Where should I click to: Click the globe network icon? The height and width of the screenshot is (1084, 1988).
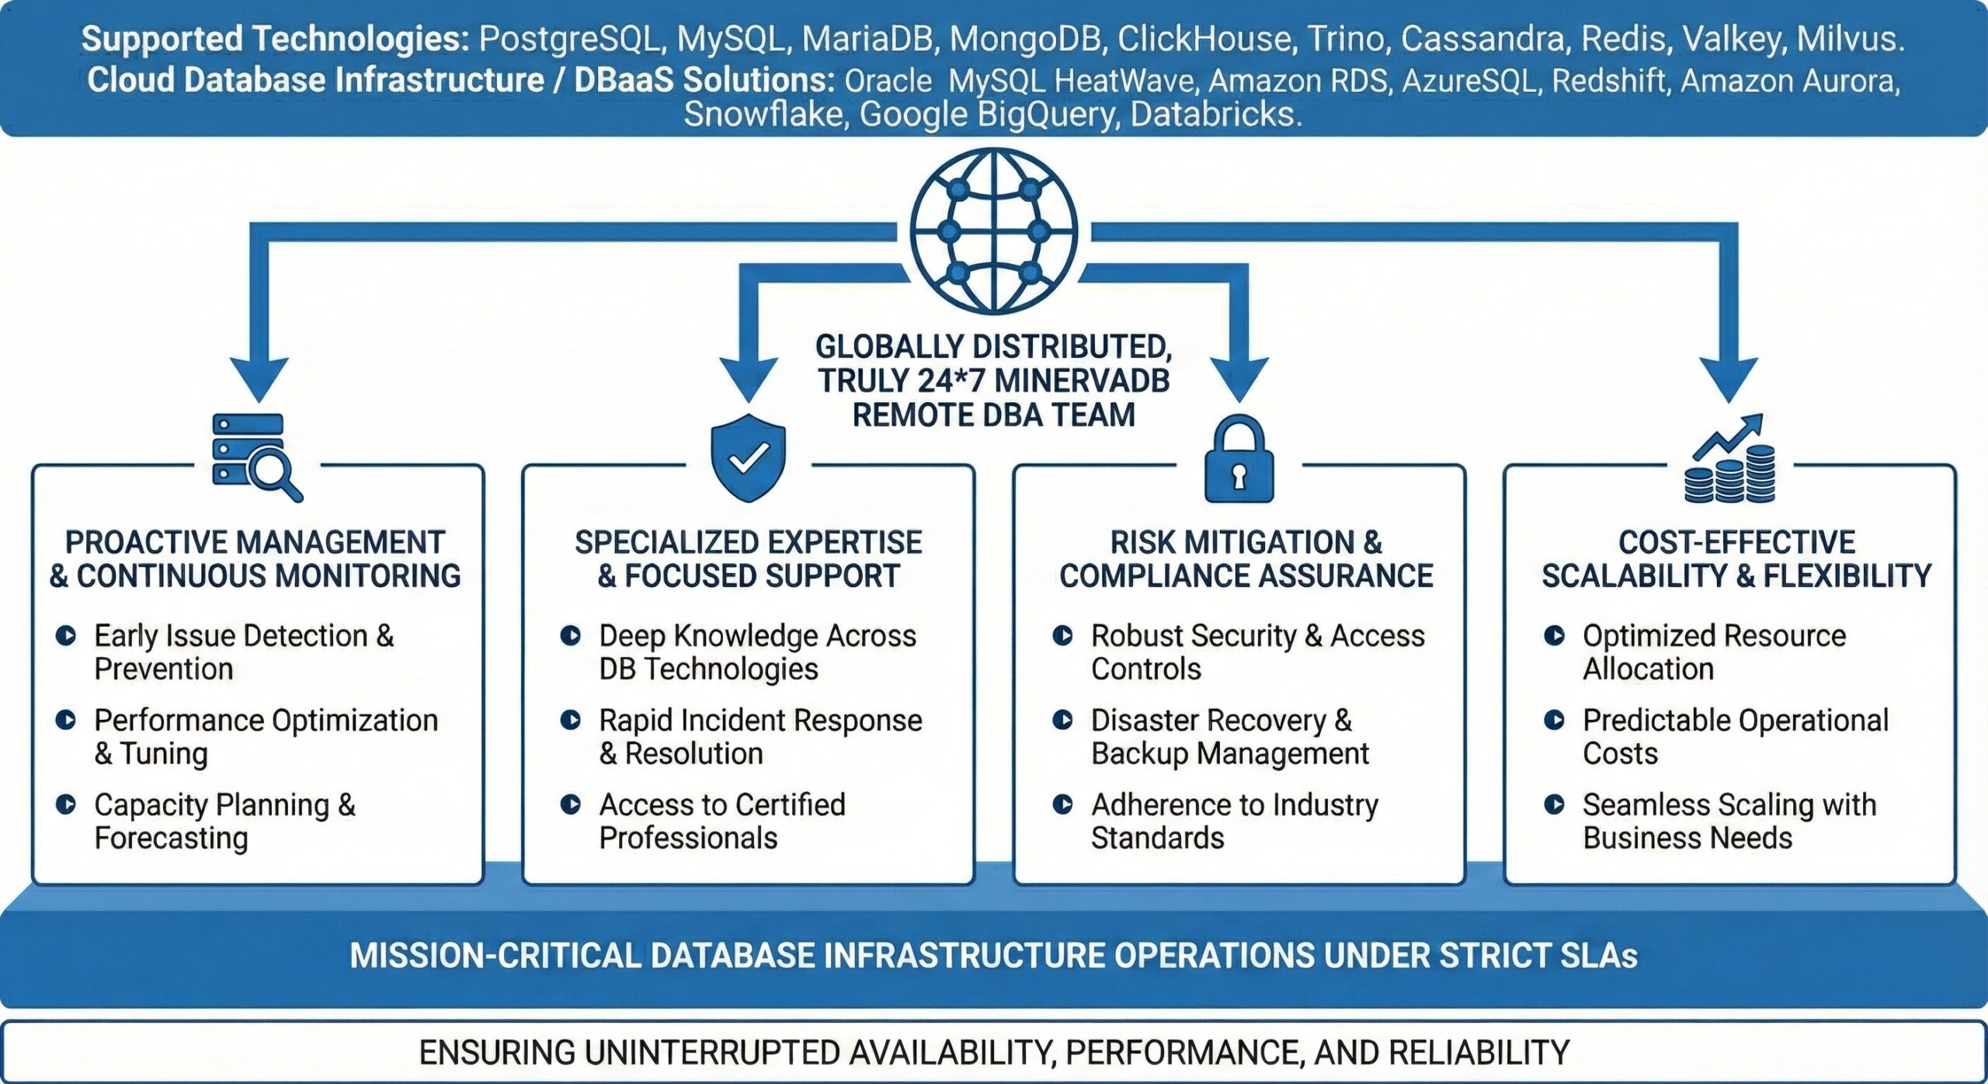click(x=993, y=231)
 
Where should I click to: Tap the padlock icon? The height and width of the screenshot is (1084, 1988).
click(x=1239, y=460)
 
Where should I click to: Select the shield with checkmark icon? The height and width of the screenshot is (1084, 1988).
click(x=748, y=458)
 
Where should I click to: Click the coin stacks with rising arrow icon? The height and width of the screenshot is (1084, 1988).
click(x=1729, y=460)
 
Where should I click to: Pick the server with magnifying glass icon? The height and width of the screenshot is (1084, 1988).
click(x=256, y=458)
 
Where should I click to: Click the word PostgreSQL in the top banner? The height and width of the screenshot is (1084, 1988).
click(x=570, y=39)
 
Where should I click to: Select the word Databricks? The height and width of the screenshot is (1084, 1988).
click(x=1215, y=114)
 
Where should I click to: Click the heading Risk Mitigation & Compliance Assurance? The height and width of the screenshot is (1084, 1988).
click(x=1246, y=559)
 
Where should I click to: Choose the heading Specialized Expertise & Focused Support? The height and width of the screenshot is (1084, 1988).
click(x=748, y=559)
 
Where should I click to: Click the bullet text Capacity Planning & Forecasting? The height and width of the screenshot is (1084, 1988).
click(x=224, y=822)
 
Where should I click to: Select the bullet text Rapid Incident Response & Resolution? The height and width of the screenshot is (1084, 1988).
click(x=760, y=737)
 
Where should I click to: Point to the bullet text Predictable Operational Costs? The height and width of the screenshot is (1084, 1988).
click(x=1735, y=737)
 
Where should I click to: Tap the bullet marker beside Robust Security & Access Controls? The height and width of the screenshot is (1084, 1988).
click(x=1062, y=636)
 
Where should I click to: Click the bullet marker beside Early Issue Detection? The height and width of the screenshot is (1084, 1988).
click(x=66, y=636)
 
